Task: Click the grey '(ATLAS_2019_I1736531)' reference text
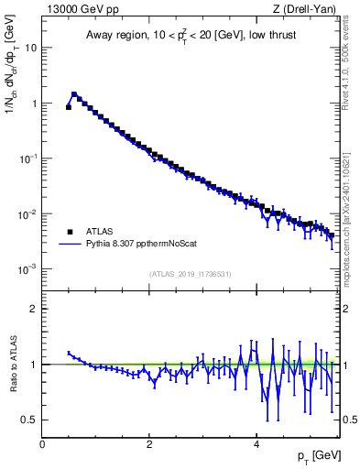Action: (191, 274)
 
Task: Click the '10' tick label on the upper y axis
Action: (30, 48)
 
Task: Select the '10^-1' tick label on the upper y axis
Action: (28, 158)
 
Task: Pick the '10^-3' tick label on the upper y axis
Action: (28, 269)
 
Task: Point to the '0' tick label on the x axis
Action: (43, 443)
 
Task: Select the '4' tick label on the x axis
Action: (256, 443)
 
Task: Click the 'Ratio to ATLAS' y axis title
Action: (12, 364)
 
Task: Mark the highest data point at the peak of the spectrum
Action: (74, 94)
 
